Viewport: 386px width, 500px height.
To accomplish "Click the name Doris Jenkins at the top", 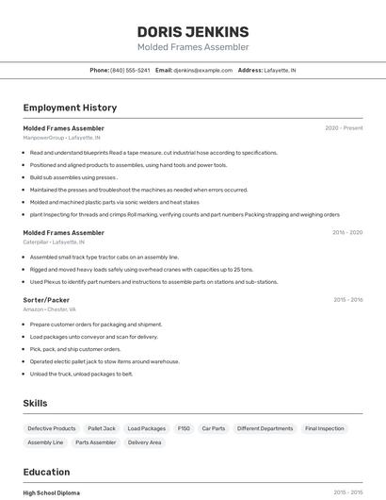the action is click(193, 31).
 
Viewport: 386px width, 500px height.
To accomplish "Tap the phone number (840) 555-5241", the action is click(130, 70).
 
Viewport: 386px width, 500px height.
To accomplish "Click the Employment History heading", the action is click(70, 108).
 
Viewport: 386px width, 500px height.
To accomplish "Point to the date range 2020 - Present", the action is click(344, 128).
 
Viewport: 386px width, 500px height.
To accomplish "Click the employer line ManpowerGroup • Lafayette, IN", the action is click(61, 138).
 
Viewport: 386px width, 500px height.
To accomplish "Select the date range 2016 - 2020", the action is click(346, 232).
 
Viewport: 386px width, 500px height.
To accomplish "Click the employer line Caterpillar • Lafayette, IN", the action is click(57, 242).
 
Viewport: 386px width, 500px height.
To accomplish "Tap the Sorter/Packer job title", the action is click(46, 300).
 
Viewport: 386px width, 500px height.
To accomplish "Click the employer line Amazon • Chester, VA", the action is click(50, 309).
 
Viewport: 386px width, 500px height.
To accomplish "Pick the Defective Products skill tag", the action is click(52, 428).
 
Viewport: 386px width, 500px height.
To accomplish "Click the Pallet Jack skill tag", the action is click(101, 428).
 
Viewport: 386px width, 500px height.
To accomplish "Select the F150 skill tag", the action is click(184, 428).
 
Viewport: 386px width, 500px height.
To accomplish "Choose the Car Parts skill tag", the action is click(214, 428).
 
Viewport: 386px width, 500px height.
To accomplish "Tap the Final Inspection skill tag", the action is click(324, 428).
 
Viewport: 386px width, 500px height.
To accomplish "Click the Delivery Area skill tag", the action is click(144, 442).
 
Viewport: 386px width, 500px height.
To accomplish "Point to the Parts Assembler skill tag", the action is click(96, 442).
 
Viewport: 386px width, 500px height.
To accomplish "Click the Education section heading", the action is click(46, 472).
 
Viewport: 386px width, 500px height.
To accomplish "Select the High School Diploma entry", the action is click(52, 492).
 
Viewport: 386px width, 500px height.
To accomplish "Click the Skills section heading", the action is click(35, 403).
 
